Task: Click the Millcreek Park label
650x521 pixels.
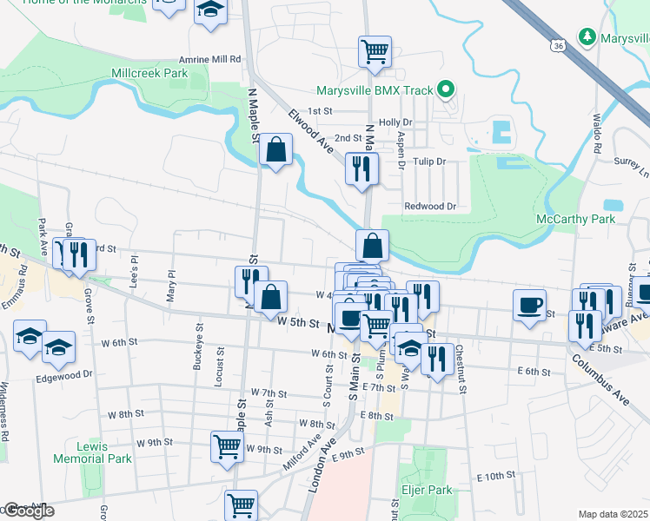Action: click(149, 74)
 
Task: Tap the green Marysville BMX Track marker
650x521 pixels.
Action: click(446, 89)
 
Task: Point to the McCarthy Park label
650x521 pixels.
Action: click(576, 219)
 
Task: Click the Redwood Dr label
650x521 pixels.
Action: click(430, 207)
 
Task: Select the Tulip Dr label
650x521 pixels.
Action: click(428, 162)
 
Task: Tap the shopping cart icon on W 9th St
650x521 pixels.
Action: click(227, 446)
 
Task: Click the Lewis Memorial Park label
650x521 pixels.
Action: click(103, 452)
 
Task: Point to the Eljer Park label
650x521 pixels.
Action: click(428, 490)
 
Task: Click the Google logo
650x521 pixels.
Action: click(29, 511)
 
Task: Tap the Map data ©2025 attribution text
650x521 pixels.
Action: click(614, 514)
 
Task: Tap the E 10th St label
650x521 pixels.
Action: click(496, 477)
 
